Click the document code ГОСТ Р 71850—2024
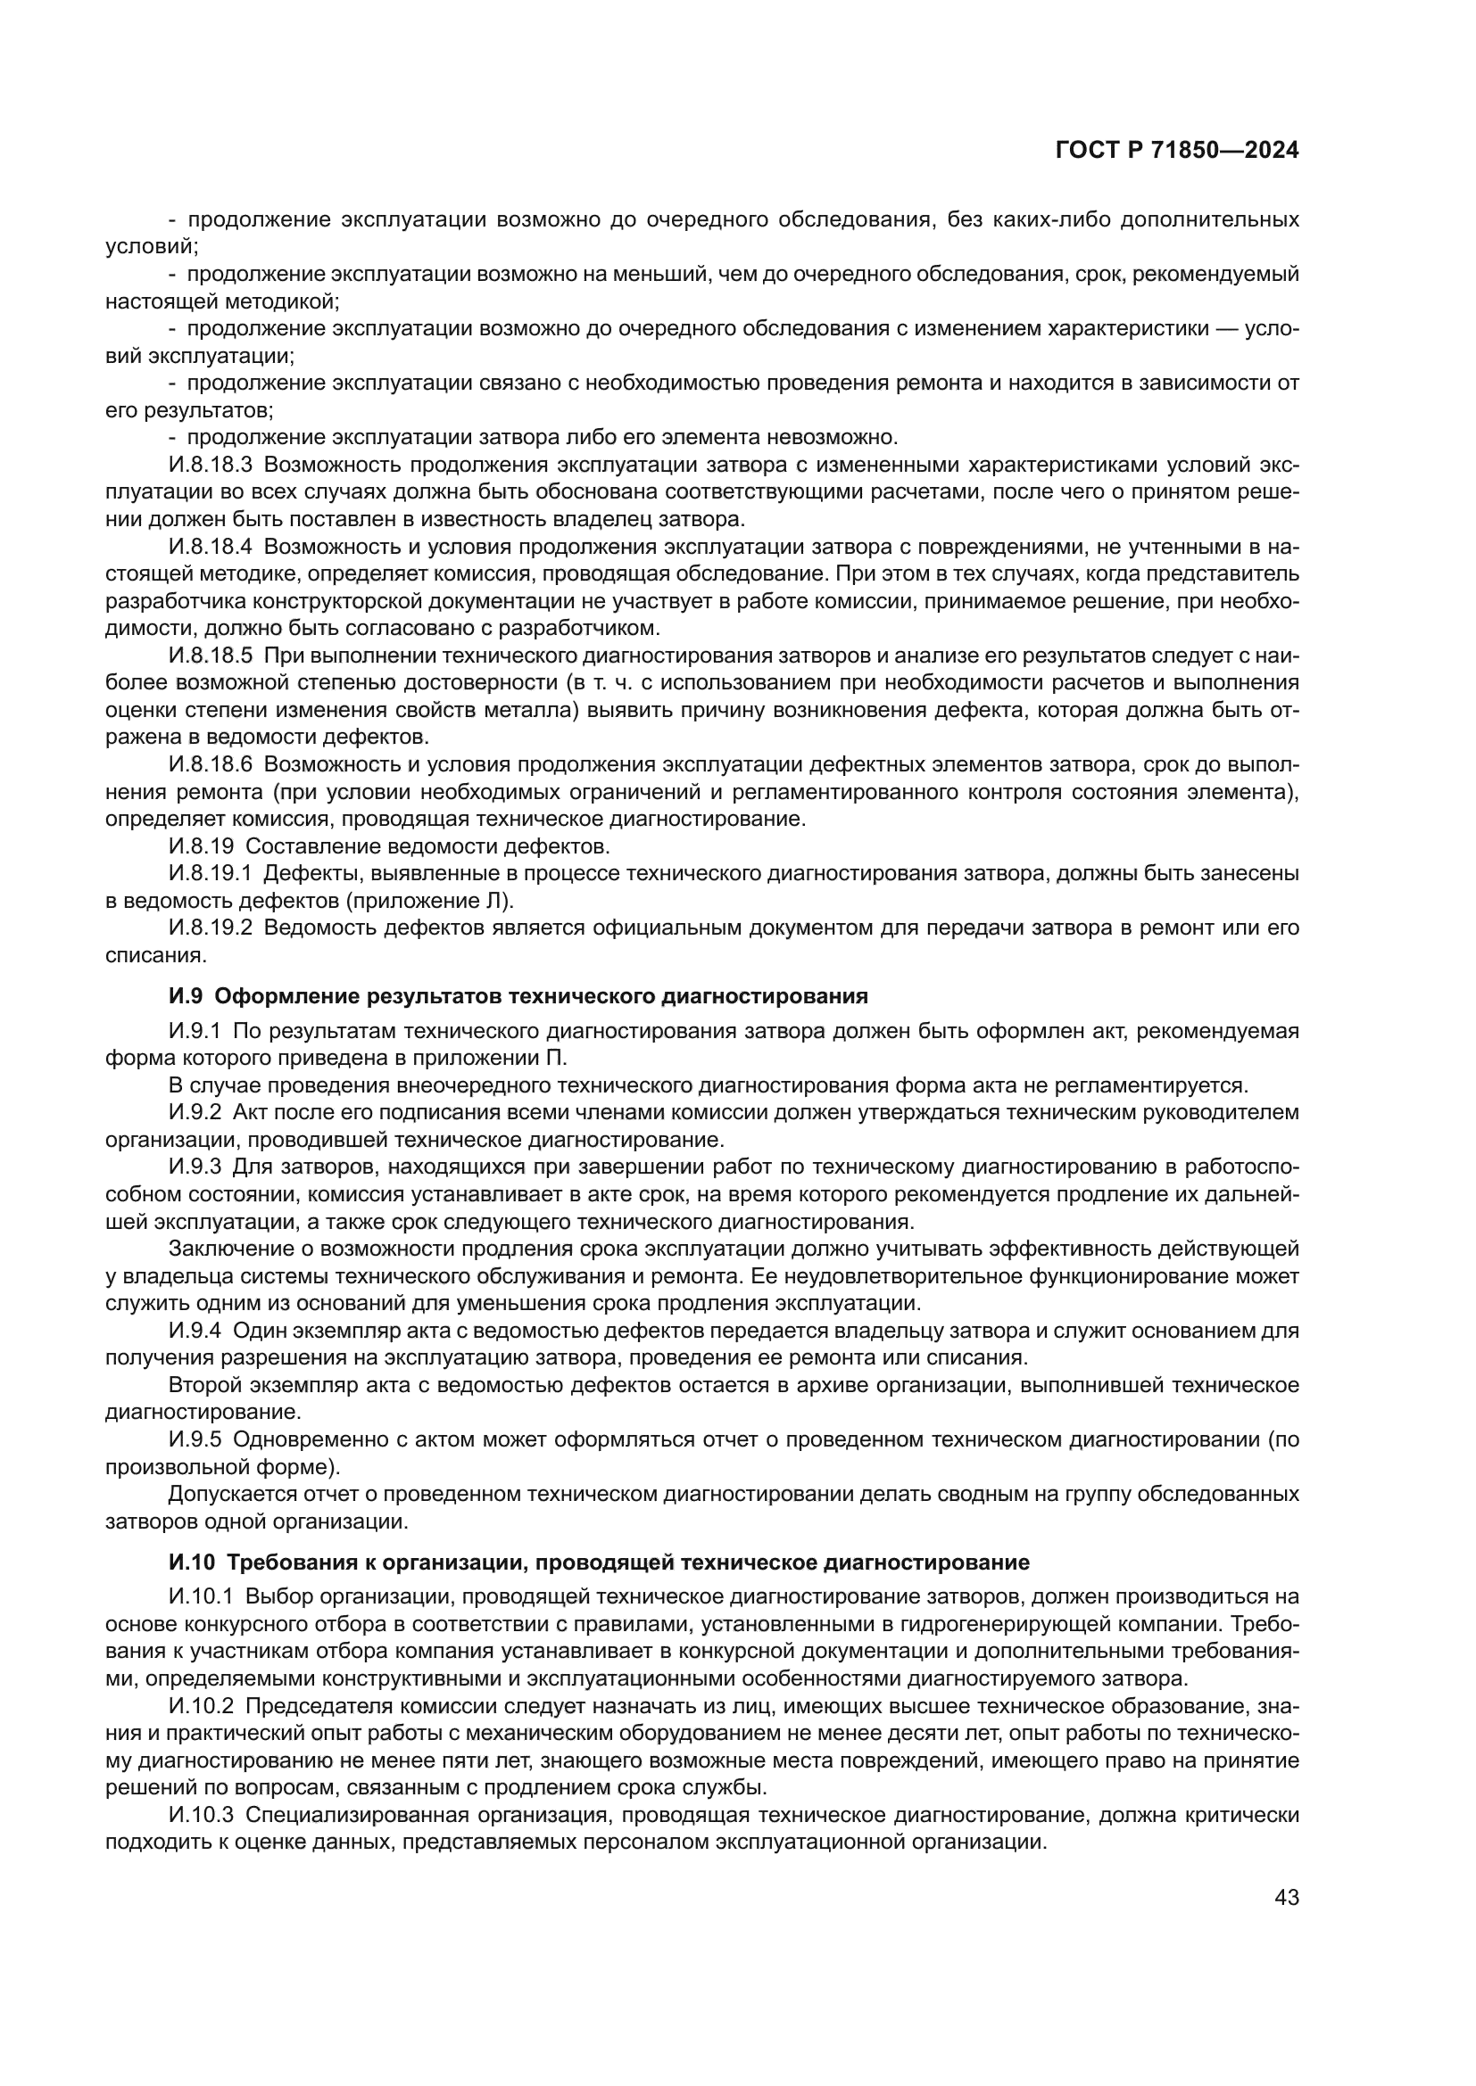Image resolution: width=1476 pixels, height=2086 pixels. click(x=1176, y=151)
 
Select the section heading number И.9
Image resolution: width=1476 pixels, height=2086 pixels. click(x=188, y=997)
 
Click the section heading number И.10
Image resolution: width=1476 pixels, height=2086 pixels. click(x=192, y=1562)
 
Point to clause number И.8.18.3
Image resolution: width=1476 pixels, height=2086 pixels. click(x=209, y=466)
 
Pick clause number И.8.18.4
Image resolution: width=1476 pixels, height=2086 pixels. click(x=209, y=547)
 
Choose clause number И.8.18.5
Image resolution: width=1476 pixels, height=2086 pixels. click(x=209, y=656)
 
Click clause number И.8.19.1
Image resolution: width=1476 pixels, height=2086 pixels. click(x=209, y=874)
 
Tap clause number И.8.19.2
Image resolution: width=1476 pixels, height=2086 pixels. click(x=209, y=928)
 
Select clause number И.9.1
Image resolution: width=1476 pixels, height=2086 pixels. click(x=195, y=1031)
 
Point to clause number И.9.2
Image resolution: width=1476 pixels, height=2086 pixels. click(x=195, y=1113)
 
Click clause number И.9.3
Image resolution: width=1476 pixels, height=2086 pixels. click(x=195, y=1167)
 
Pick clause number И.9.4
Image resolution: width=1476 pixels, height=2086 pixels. click(x=195, y=1331)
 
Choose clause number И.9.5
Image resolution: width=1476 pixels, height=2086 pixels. click(x=195, y=1439)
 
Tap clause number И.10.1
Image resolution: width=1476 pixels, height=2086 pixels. click(x=201, y=1596)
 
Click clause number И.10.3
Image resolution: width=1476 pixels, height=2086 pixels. click(x=201, y=1815)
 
